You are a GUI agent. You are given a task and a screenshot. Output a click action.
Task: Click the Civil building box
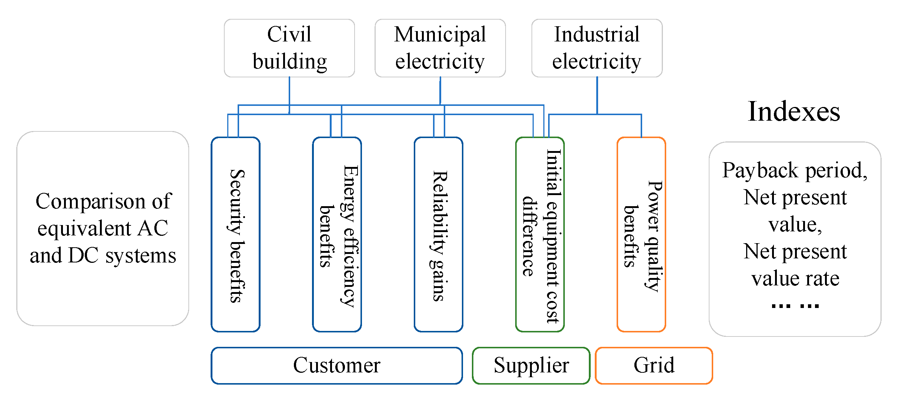(289, 48)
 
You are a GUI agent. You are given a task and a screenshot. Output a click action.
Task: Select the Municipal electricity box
(440, 48)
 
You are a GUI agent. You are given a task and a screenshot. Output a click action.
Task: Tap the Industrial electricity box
(597, 48)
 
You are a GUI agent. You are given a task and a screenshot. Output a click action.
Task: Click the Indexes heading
(794, 111)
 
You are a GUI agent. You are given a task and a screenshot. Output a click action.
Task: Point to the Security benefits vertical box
(236, 235)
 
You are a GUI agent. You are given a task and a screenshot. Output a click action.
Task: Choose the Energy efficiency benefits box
(337, 235)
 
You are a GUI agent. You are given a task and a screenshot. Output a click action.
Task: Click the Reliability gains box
(439, 235)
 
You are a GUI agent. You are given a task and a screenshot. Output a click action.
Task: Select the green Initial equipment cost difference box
(540, 235)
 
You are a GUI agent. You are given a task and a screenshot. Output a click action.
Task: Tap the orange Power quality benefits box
(641, 235)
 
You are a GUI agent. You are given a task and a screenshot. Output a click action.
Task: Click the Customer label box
(336, 365)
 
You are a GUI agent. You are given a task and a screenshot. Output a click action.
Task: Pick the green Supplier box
(531, 365)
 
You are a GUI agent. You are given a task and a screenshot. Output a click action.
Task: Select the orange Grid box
(654, 365)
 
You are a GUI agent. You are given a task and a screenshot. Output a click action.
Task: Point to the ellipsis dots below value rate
(795, 306)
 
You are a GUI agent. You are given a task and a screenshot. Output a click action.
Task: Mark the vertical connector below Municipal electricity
(440, 91)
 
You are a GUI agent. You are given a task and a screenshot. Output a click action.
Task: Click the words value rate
(795, 278)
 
